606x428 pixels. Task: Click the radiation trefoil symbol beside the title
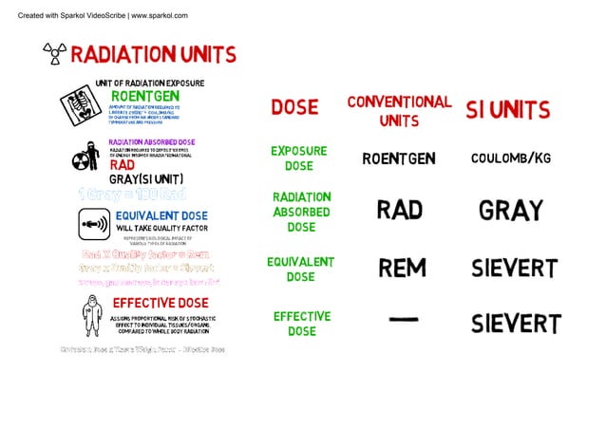tap(53, 53)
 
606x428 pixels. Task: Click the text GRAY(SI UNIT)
tap(145, 178)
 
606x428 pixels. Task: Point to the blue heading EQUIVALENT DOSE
tap(161, 216)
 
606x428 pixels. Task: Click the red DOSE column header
tap(294, 108)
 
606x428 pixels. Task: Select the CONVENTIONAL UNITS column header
tap(399, 110)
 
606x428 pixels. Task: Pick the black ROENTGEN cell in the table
tap(398, 158)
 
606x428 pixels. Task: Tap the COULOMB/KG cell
tap(510, 158)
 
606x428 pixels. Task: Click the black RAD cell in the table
tap(399, 210)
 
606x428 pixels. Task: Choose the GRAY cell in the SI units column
tap(510, 211)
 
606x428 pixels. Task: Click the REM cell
tap(402, 269)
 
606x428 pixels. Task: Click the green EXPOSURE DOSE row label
tap(298, 158)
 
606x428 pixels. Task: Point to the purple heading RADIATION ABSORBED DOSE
tap(152, 142)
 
